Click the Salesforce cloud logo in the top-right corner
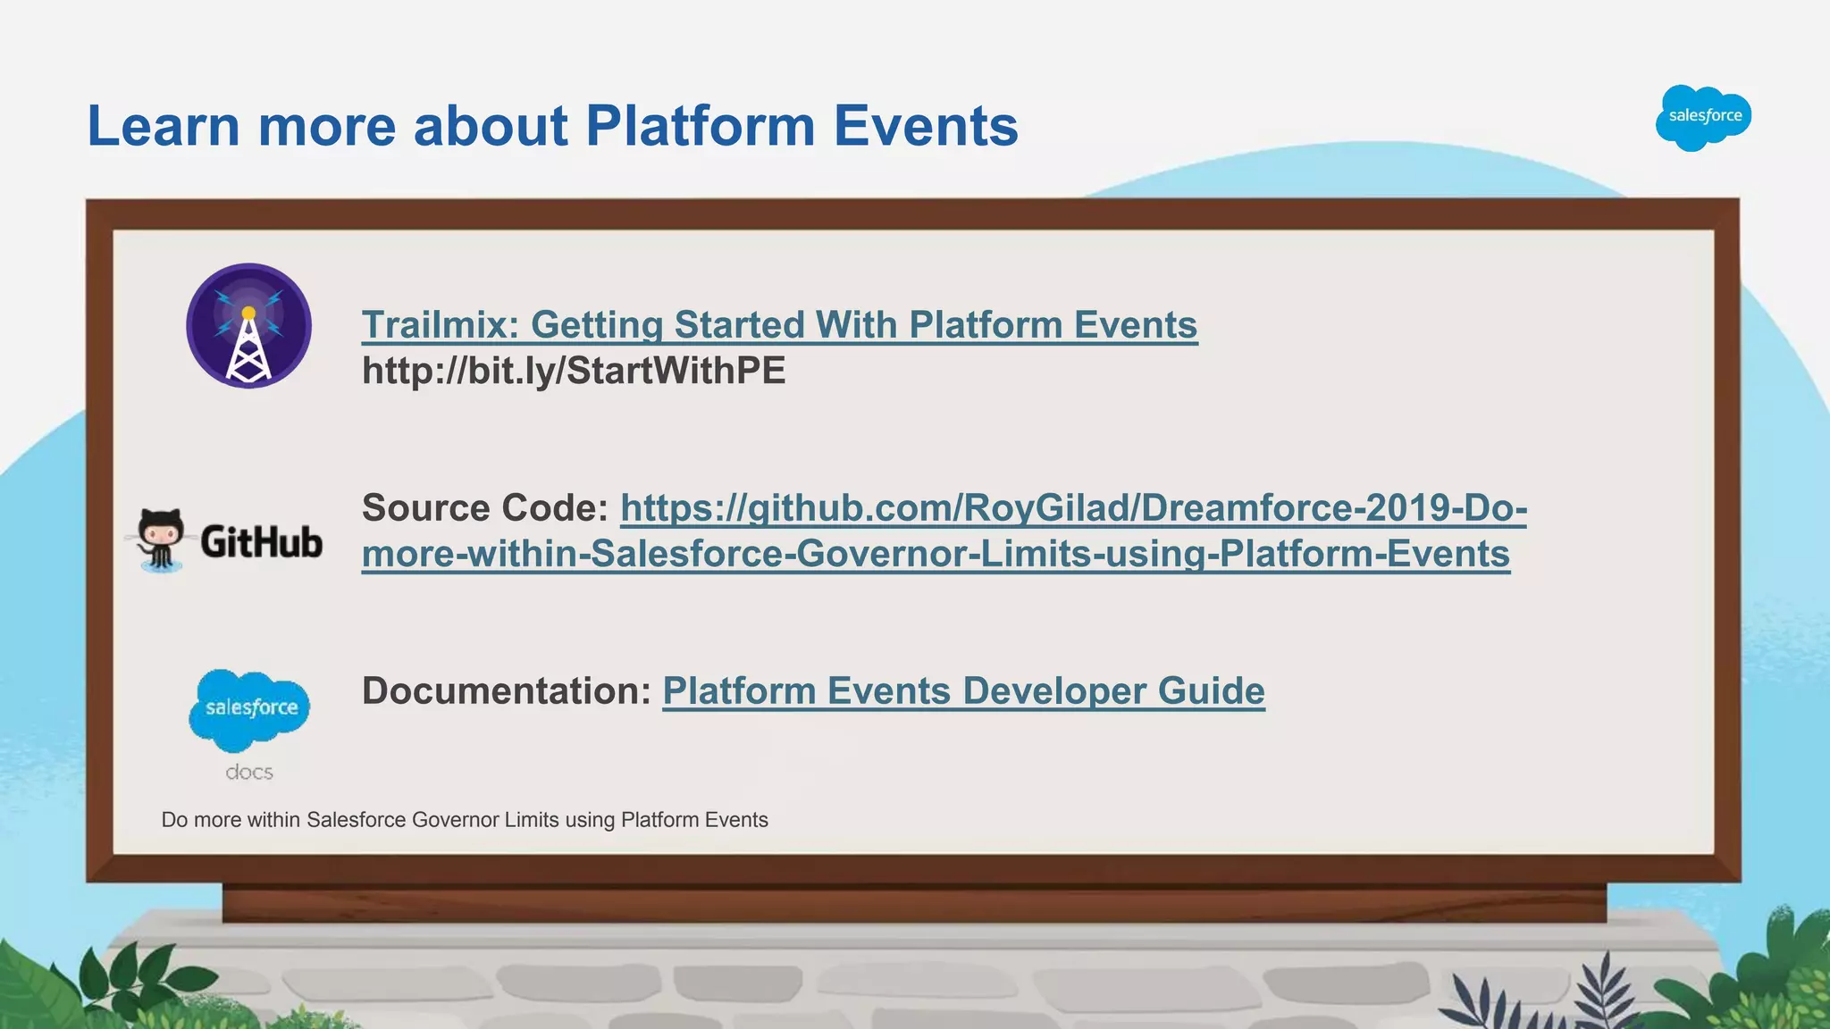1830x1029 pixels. pos(1704,117)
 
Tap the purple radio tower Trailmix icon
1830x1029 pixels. pos(248,326)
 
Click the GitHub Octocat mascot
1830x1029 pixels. pos(161,539)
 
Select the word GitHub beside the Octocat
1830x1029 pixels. pos(261,542)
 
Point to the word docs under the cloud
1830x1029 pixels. pos(249,773)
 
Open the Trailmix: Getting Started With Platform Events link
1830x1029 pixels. pos(779,325)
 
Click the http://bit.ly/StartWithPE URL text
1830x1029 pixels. pos(574,371)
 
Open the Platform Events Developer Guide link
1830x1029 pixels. pos(963,691)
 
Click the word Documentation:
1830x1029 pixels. pos(506,691)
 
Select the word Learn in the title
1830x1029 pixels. pos(164,126)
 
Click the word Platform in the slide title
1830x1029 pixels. pos(700,126)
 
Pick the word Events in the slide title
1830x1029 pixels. pos(926,126)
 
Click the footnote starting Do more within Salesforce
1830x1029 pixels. pos(465,820)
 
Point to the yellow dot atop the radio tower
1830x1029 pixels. pos(248,313)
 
